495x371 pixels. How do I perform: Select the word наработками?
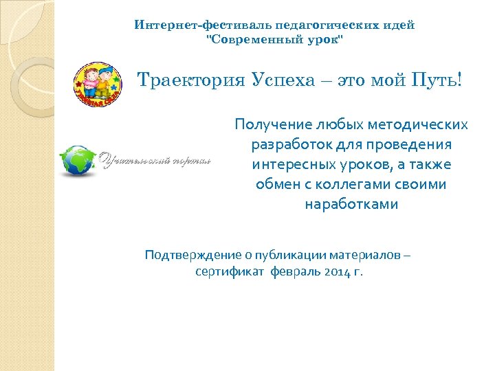351,205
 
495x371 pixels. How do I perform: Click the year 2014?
333,271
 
